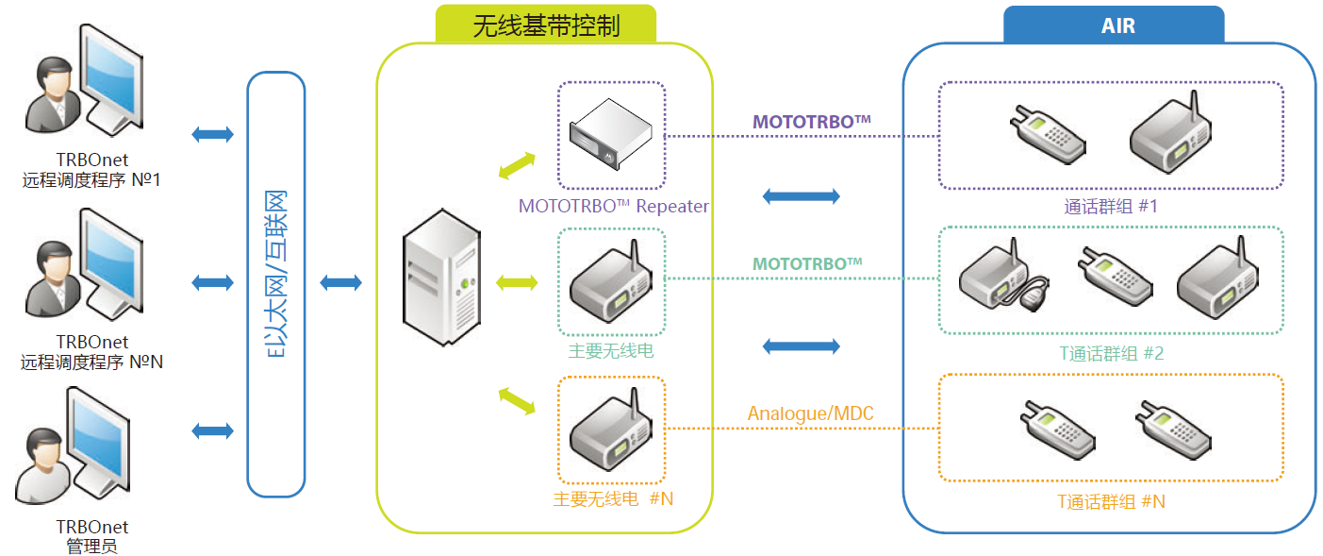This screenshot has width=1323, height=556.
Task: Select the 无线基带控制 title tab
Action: [x=546, y=25]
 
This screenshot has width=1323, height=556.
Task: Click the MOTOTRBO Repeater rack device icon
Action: [x=610, y=135]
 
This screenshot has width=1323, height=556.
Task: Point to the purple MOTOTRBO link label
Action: [x=810, y=122]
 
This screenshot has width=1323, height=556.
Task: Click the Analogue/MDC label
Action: [x=810, y=413]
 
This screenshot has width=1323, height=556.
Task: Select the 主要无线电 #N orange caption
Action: [x=613, y=497]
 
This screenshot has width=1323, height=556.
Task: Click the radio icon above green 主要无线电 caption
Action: [x=611, y=280]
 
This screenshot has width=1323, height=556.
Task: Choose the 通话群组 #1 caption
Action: [x=1111, y=206]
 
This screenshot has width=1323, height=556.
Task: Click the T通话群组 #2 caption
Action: [x=1111, y=353]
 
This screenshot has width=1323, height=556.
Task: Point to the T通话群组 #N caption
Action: [x=1111, y=501]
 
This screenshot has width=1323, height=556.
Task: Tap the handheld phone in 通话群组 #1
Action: [x=1046, y=134]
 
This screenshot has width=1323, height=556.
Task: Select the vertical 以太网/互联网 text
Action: [x=276, y=284]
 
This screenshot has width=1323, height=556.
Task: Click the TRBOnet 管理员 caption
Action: [x=91, y=536]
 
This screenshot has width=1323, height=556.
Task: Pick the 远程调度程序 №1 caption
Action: [x=91, y=170]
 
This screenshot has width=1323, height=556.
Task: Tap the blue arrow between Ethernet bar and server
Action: [x=341, y=282]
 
